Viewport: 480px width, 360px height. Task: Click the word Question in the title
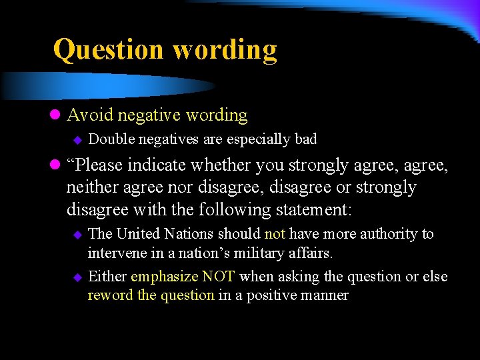point(109,50)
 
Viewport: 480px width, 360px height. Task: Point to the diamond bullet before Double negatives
point(77,139)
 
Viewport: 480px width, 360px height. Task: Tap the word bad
point(305,139)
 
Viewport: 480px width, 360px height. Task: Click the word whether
point(221,165)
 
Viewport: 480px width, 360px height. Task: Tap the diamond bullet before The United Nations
point(77,235)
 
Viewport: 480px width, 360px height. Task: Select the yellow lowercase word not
point(275,234)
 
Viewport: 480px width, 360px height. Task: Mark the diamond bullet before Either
point(77,277)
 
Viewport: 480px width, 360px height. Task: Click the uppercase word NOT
point(219,276)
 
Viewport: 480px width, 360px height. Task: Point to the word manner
point(325,295)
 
